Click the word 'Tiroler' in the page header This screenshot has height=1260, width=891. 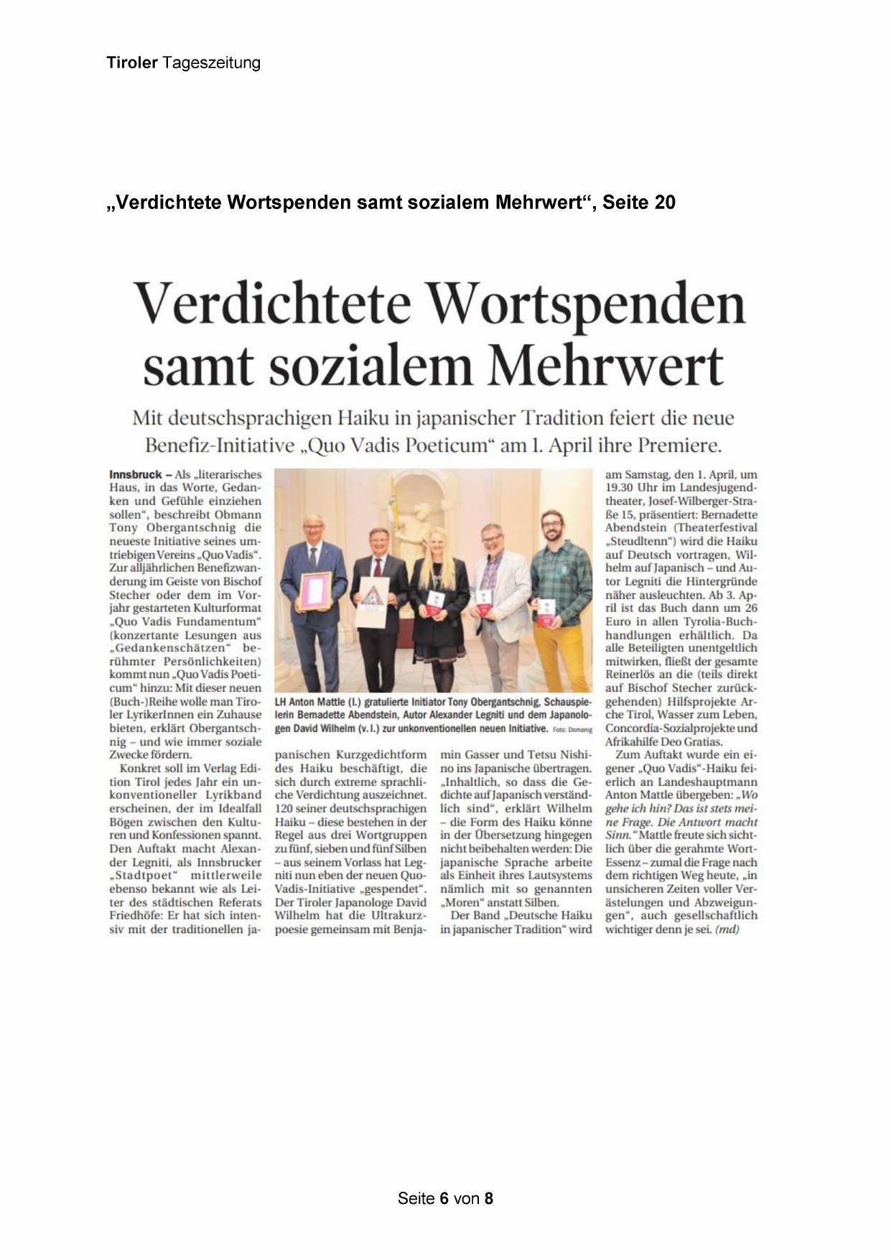click(132, 63)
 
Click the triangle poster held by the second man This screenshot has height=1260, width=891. click(375, 600)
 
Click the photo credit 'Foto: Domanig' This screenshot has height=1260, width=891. click(571, 729)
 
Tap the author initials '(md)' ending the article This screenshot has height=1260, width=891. click(727, 930)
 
